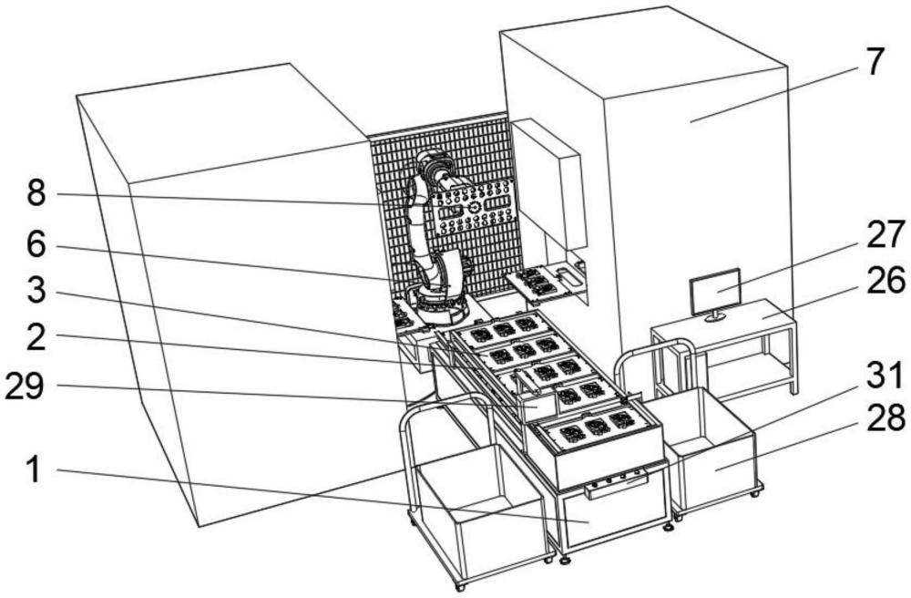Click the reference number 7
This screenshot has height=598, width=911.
click(872, 62)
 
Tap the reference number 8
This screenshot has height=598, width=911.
click(36, 193)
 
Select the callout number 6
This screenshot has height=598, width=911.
click(36, 245)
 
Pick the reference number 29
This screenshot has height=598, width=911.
click(25, 387)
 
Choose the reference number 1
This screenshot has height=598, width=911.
click(35, 470)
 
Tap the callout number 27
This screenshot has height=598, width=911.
click(885, 235)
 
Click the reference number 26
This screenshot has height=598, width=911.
click(885, 281)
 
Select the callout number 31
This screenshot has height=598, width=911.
click(885, 375)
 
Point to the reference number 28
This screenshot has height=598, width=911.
click(885, 419)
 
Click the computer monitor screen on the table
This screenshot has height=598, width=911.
click(716, 290)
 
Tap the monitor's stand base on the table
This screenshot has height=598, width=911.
click(714, 317)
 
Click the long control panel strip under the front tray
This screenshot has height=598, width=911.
click(617, 485)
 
